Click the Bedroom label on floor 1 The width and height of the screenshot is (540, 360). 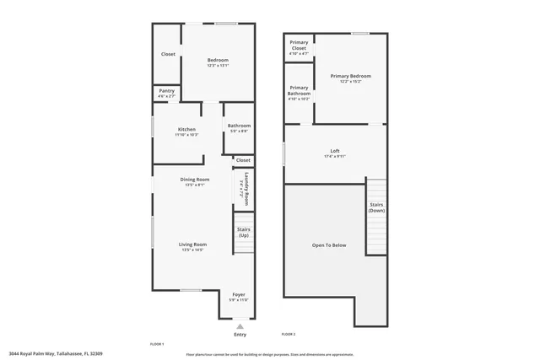point(218,60)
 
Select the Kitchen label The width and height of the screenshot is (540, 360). point(186,129)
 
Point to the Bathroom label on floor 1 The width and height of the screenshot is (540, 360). point(239,126)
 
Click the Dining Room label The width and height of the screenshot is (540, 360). point(195,180)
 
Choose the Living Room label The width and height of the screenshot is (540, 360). point(193,244)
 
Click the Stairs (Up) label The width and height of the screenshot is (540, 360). point(244,232)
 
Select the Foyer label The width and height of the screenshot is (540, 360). point(240,294)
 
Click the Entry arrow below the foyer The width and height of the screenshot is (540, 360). point(240,325)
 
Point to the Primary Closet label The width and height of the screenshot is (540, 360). point(299,46)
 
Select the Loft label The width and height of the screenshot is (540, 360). point(335,151)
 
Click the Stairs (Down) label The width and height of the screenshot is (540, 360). point(376,207)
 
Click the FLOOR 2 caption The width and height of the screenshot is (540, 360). point(289,335)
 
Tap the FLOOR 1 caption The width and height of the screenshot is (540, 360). point(156,345)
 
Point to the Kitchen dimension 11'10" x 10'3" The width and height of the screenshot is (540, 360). point(186,135)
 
